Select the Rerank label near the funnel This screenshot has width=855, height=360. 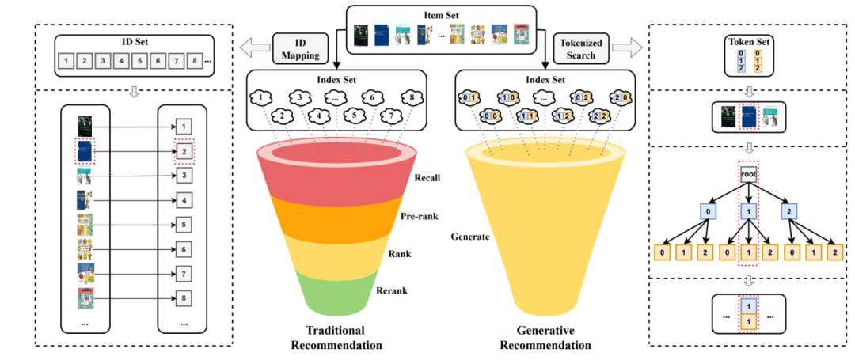392,290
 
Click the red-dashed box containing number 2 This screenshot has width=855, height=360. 184,152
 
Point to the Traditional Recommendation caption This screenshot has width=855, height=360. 336,338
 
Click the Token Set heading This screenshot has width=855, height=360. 747,42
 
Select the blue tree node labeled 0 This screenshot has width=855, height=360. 708,211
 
